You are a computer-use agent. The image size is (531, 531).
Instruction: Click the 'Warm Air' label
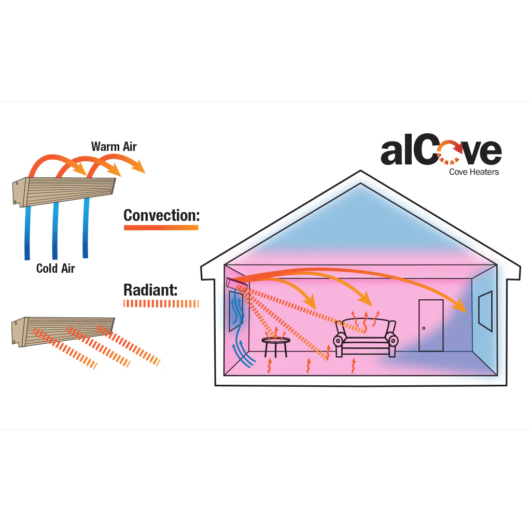[x=114, y=146]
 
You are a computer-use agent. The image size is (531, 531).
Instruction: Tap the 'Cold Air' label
[x=55, y=268]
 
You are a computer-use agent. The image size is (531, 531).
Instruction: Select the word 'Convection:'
[x=161, y=215]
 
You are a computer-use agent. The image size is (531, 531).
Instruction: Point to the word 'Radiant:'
[x=150, y=290]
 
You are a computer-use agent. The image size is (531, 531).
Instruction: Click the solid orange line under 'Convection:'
[x=161, y=228]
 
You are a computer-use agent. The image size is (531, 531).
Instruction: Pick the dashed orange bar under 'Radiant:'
[x=161, y=304]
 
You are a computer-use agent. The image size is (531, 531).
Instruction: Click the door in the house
[x=431, y=325]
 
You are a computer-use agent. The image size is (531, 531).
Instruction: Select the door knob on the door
[x=424, y=328]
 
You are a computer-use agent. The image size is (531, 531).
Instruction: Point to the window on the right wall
[x=485, y=311]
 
